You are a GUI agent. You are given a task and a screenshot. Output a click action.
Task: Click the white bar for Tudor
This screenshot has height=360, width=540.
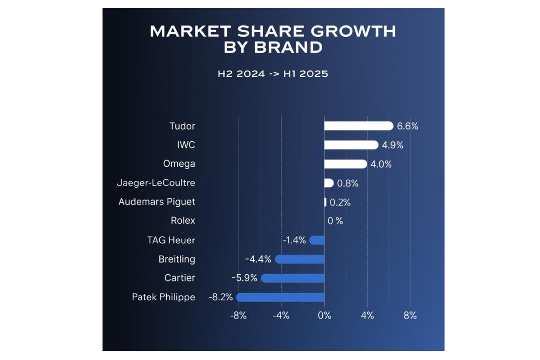[359, 126]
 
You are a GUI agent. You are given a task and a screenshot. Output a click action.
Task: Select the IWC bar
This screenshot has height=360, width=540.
[351, 145]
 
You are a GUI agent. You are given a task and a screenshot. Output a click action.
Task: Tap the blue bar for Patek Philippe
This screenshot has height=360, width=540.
[280, 297]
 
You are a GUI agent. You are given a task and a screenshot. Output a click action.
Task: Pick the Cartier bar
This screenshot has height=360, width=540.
[292, 278]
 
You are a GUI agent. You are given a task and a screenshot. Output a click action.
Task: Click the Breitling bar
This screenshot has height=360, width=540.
[299, 259]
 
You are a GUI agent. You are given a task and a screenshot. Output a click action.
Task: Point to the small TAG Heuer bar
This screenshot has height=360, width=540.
[317, 240]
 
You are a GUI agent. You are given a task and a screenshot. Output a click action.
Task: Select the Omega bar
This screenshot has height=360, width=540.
[346, 164]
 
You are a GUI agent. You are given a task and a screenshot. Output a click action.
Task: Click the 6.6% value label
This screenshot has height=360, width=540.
[407, 126]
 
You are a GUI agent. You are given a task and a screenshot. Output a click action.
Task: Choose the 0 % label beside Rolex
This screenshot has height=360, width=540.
[335, 221]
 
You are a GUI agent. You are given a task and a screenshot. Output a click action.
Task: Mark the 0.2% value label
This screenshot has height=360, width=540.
[340, 202]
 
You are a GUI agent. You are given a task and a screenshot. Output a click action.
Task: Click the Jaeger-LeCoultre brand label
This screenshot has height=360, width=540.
[156, 183]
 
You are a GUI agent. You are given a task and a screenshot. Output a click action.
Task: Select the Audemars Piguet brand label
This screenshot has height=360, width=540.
[157, 202]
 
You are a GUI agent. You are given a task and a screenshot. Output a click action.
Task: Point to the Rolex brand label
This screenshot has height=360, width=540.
[183, 221]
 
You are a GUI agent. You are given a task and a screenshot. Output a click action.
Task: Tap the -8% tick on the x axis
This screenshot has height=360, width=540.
[238, 316]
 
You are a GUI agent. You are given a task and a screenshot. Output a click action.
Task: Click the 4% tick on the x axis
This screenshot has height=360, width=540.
[367, 316]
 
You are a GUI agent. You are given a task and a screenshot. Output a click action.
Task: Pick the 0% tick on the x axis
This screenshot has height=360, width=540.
[324, 316]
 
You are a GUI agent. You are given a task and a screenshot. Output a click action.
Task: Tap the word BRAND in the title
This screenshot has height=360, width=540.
[288, 47]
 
